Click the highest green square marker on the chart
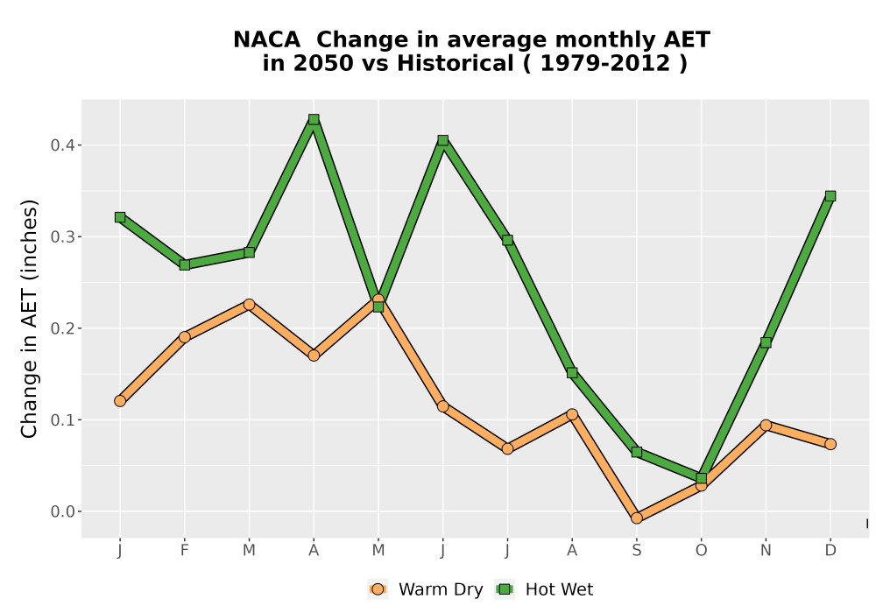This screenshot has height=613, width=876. [x=314, y=119]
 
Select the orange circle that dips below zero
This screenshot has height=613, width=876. [x=636, y=518]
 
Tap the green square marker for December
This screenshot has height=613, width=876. [x=830, y=196]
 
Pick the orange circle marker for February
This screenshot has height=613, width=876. [x=184, y=336]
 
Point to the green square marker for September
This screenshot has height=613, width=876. [x=636, y=452]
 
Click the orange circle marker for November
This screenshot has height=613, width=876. [x=766, y=426]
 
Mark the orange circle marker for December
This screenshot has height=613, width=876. [x=830, y=444]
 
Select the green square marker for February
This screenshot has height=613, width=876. [x=184, y=264]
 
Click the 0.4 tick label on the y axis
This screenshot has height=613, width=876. [x=62, y=145]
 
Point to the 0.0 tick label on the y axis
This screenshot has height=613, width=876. [x=62, y=511]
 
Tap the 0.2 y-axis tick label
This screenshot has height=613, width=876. [x=62, y=328]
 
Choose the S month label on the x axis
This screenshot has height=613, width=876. [x=636, y=551]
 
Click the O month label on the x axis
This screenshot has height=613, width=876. [x=701, y=551]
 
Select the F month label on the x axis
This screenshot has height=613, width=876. [x=184, y=551]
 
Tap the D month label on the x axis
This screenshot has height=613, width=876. [x=830, y=551]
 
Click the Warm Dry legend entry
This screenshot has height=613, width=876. [x=425, y=589]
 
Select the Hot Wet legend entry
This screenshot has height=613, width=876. [x=544, y=589]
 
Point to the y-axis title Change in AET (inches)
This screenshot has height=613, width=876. [x=29, y=319]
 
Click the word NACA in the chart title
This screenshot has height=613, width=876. [x=266, y=40]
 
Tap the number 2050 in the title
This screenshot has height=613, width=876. [x=323, y=64]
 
